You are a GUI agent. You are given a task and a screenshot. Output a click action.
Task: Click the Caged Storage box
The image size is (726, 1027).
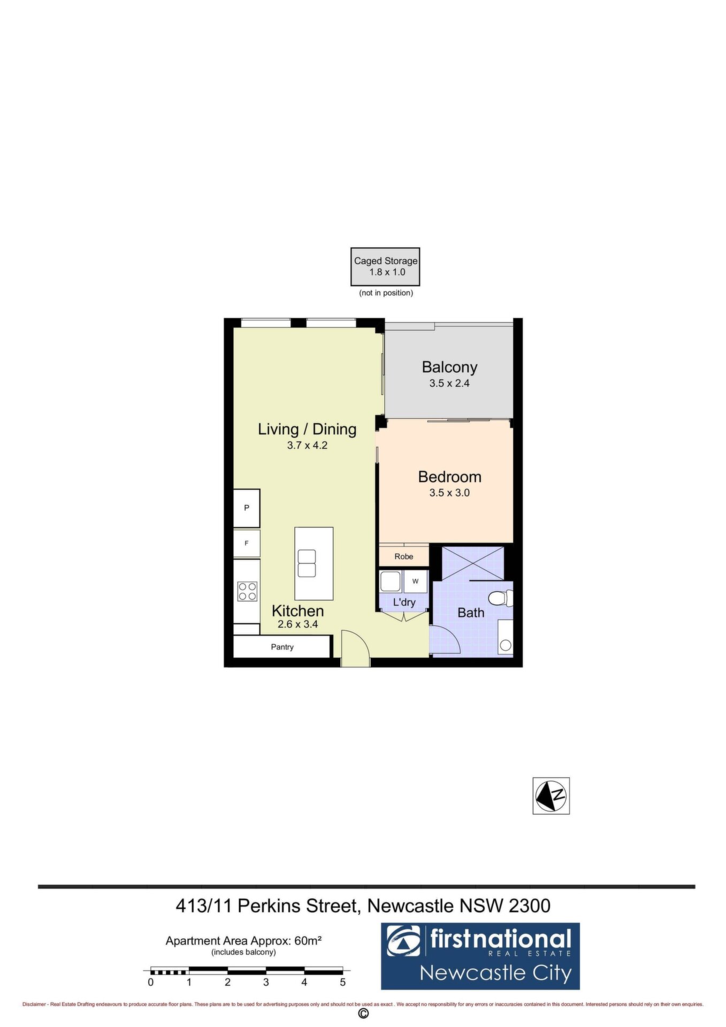coord(385,266)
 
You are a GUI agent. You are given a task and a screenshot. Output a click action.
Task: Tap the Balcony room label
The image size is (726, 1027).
coord(449,367)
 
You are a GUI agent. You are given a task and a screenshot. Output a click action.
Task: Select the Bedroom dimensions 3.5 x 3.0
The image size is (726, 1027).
coord(449,493)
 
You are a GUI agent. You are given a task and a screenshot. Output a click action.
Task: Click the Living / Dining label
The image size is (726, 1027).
coord(307,429)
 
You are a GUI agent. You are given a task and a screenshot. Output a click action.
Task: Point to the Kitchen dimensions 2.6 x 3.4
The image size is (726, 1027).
coord(298,624)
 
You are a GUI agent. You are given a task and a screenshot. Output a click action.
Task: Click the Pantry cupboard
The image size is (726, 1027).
coord(281,647)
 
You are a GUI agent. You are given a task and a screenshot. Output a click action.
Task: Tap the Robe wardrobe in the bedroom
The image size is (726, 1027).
coord(404,556)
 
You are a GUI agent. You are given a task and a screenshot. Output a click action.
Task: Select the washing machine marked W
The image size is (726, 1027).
coord(416,581)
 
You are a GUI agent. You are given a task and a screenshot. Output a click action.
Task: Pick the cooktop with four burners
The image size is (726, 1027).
coord(247,591)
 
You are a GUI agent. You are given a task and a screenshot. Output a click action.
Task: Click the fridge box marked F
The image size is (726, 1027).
coord(247,543)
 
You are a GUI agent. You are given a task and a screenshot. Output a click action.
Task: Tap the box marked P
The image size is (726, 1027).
coord(247,508)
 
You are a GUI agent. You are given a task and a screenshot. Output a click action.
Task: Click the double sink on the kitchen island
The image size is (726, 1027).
coord(307,563)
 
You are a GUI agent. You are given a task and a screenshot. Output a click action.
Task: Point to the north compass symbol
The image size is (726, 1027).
coord(551,796)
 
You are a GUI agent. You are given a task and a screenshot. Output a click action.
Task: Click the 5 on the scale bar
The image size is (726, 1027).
coord(342,982)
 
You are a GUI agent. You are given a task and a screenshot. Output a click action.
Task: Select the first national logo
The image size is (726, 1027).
coord(480,956)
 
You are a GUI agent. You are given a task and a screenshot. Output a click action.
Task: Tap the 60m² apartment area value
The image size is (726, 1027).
coord(308,941)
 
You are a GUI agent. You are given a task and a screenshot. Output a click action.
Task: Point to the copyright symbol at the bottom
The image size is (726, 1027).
coord(363,1014)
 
